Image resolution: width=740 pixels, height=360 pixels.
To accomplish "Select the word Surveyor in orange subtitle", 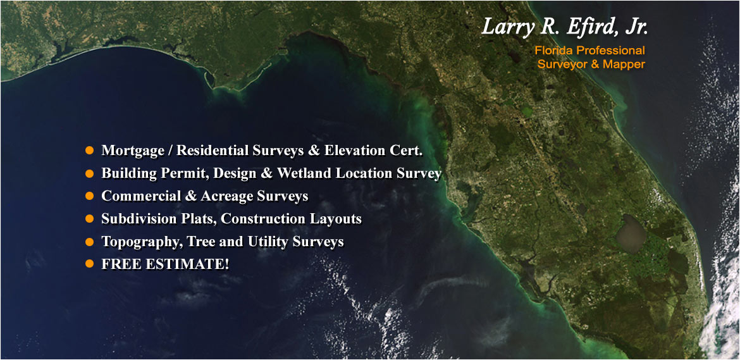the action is (x=559, y=64).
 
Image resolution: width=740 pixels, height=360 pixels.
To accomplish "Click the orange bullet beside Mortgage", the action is (x=89, y=151).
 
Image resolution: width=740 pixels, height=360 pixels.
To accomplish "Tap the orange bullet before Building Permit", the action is (x=89, y=173).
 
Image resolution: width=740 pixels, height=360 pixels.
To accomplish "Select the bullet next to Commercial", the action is (x=89, y=196).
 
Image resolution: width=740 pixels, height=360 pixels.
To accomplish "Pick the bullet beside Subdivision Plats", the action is (x=89, y=219).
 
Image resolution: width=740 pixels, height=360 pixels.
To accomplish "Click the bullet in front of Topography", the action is (x=89, y=242).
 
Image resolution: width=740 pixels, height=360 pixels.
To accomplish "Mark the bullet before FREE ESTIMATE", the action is (x=89, y=264).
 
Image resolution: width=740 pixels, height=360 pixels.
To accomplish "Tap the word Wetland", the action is (x=304, y=173).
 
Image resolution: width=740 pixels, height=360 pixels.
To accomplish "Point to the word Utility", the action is (x=267, y=242).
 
